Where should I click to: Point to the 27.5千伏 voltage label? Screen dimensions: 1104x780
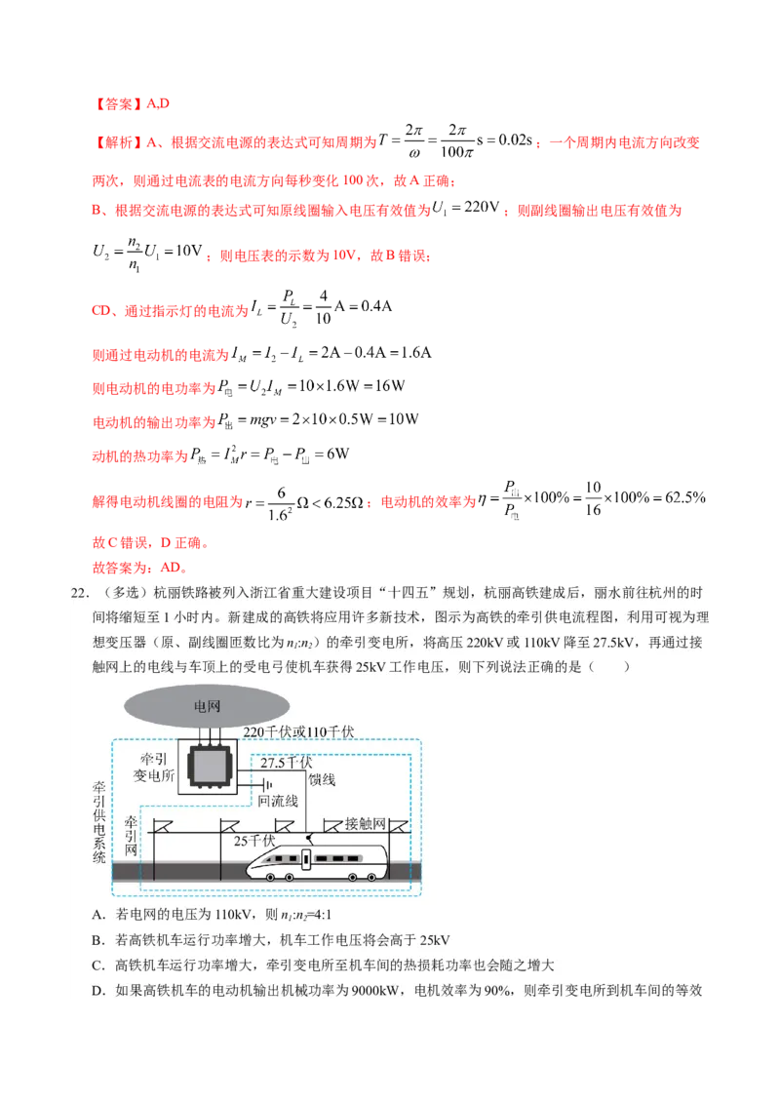pos(287,763)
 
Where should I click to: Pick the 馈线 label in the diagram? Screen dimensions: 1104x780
pos(322,780)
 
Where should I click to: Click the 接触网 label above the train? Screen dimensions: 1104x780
pos(367,822)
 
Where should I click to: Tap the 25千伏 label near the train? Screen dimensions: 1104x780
pos(256,839)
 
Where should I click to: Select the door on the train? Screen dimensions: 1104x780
pos(306,859)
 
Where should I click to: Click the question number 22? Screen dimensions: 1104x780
pos(81,594)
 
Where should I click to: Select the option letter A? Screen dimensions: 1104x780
pos(97,915)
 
